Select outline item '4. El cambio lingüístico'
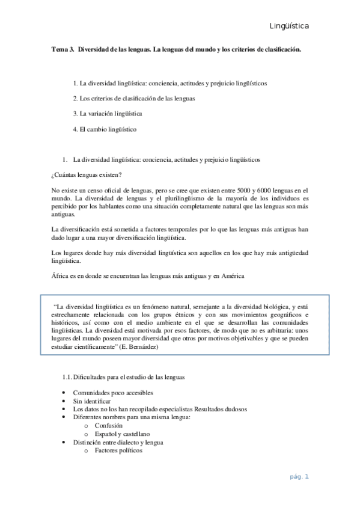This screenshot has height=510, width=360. point(105,129)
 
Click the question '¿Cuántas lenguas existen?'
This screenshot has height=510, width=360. point(87,175)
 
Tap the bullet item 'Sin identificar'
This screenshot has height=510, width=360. point(92,401)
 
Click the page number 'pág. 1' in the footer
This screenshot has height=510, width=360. point(299,477)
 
